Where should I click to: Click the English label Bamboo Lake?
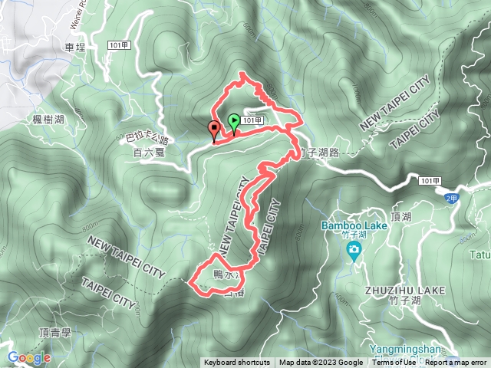[348, 226]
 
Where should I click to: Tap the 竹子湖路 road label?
[320, 152]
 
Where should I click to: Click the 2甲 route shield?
[451, 195]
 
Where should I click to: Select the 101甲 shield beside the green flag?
[255, 120]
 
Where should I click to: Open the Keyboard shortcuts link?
[236, 363]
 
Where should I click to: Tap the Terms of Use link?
[394, 363]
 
